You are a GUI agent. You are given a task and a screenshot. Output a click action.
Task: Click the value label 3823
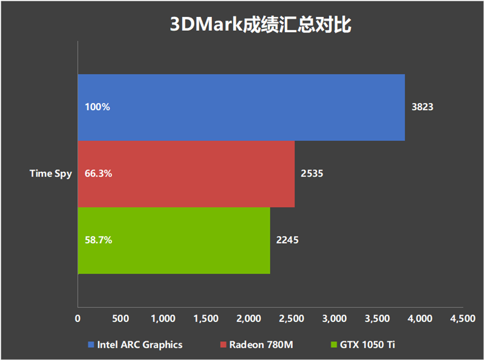pyautogui.click(x=423, y=107)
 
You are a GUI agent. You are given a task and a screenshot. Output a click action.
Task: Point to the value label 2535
pyautogui.click(x=312, y=174)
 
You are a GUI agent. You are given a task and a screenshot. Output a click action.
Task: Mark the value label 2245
pyautogui.click(x=287, y=240)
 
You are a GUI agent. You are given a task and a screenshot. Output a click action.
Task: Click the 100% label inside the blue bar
pyautogui.click(x=97, y=107)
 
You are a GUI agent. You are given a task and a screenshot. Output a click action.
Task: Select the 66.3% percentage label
pyautogui.click(x=99, y=174)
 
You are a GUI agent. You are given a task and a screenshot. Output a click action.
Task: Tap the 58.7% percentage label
pyautogui.click(x=99, y=240)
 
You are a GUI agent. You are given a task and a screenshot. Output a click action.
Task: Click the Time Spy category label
pyautogui.click(x=51, y=174)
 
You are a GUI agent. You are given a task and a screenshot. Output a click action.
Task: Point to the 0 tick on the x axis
pyautogui.click(x=77, y=318)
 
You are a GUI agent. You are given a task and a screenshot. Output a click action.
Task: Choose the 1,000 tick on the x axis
pyautogui.click(x=163, y=318)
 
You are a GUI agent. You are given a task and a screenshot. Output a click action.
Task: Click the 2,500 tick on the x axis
pyautogui.click(x=292, y=318)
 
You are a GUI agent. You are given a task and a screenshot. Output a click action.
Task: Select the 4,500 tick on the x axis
pyautogui.click(x=463, y=318)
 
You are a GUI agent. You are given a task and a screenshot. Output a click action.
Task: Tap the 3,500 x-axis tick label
pyautogui.click(x=377, y=318)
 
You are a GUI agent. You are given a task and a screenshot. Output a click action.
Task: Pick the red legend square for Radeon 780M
pyautogui.click(x=223, y=345)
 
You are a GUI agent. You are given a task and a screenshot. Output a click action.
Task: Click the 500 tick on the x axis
pyautogui.click(x=120, y=318)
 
